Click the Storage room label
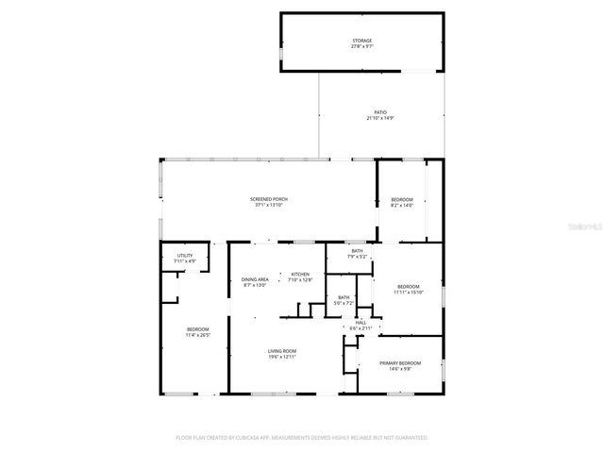click(x=362, y=41)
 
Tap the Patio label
click(x=379, y=112)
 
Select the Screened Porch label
click(x=269, y=199)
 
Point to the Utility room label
click(x=185, y=256)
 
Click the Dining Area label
click(x=255, y=279)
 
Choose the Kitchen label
click(x=300, y=275)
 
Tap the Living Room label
click(x=283, y=351)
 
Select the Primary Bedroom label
click(x=400, y=363)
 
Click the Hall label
click(x=361, y=323)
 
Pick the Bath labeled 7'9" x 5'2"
click(x=357, y=251)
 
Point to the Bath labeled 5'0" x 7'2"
click(x=344, y=298)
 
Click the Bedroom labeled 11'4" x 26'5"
click(x=197, y=328)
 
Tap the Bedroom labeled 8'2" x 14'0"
click(x=402, y=199)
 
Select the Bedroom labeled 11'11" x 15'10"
click(x=408, y=286)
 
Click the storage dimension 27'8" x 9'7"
click(x=362, y=46)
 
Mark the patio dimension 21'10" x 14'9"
click(x=379, y=118)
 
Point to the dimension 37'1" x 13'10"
click(x=269, y=205)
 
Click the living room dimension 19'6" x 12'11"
click(x=283, y=357)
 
